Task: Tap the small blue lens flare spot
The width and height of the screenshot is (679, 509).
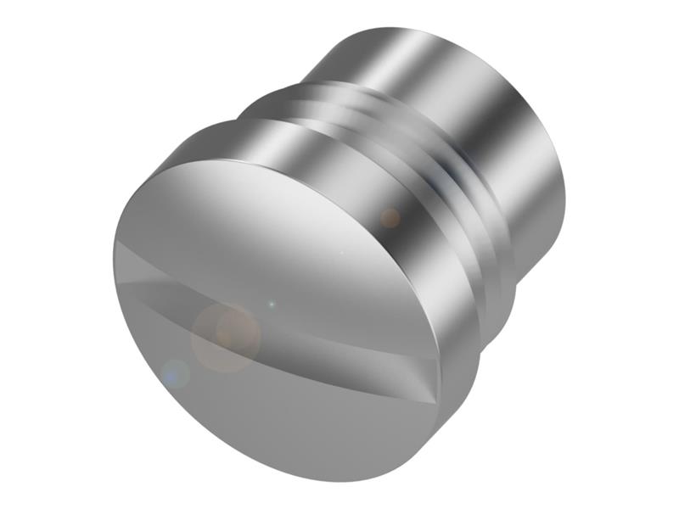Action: click(175, 372)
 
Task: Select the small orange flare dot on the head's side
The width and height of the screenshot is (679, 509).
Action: click(390, 218)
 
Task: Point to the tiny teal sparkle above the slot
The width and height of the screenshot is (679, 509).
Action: click(271, 303)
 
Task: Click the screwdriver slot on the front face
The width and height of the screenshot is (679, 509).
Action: click(280, 314)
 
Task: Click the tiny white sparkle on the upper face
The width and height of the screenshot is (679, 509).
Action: click(341, 252)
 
